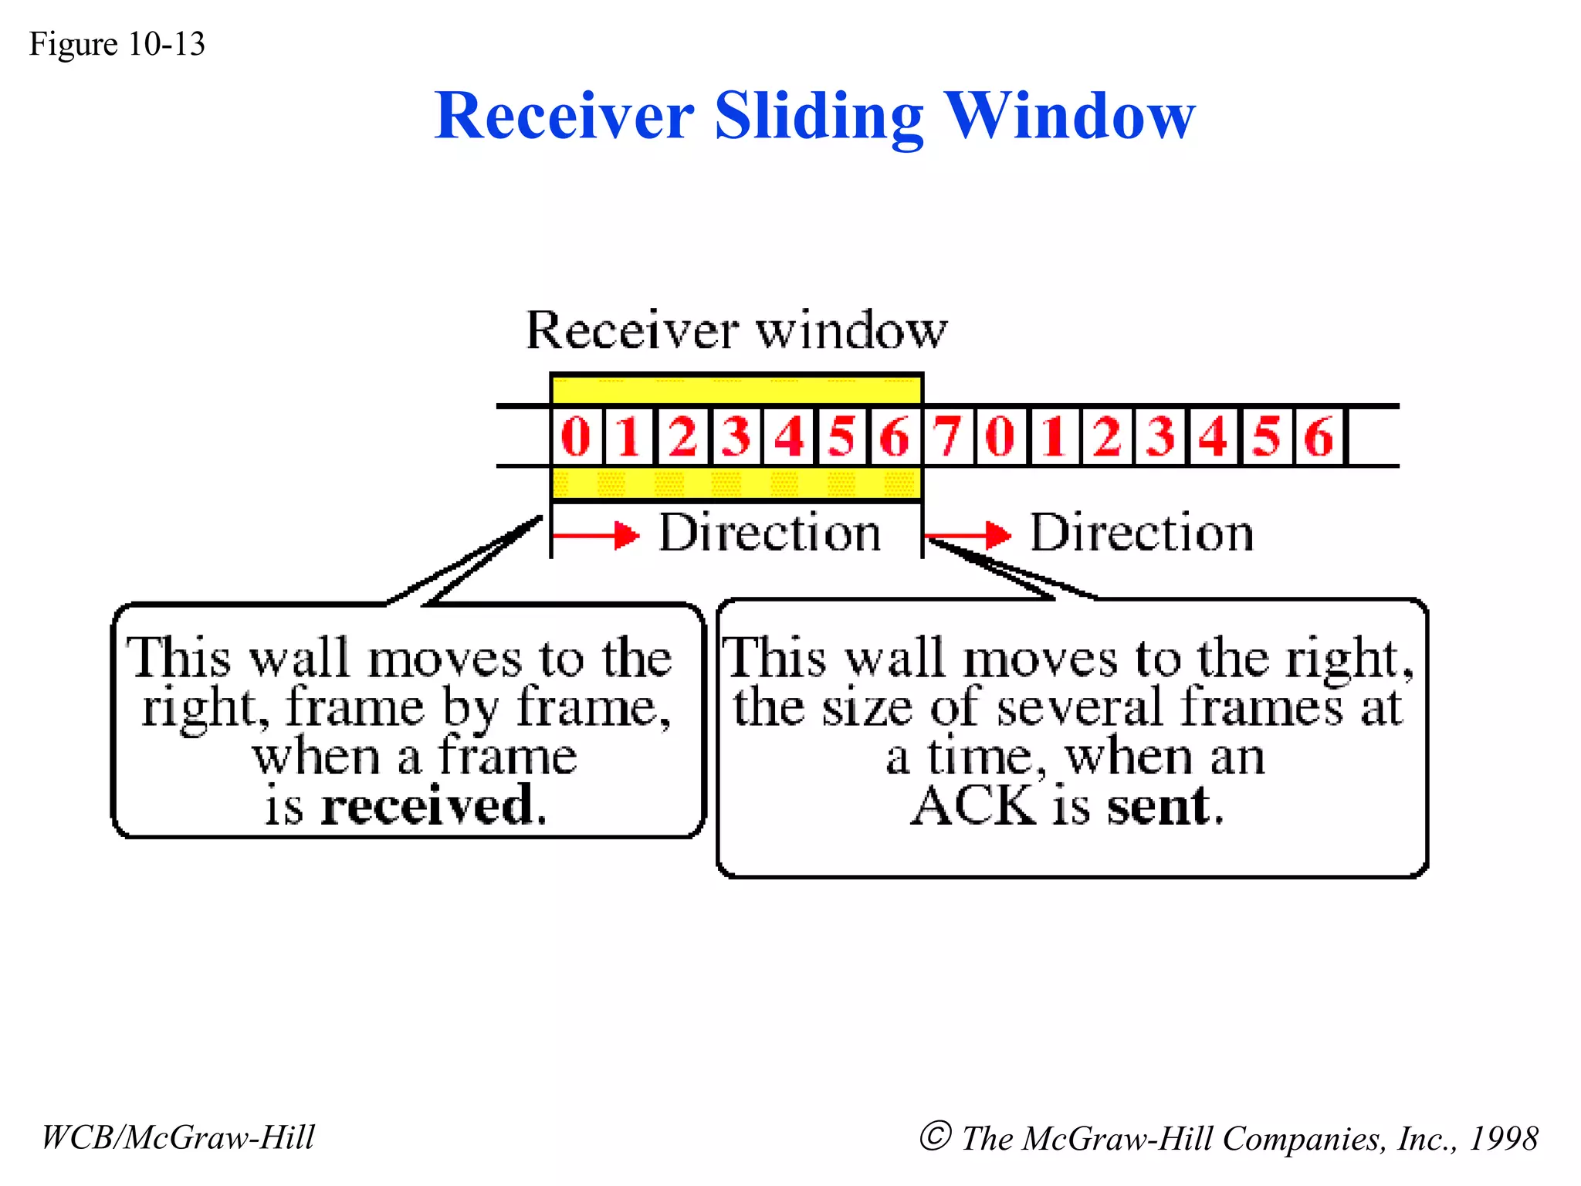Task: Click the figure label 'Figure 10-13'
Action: (117, 44)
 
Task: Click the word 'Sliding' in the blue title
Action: (818, 117)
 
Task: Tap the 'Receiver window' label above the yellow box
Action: (736, 330)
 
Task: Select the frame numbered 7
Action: (948, 436)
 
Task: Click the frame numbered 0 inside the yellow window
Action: (576, 436)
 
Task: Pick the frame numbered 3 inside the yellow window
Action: (736, 436)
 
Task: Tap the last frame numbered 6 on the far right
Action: (1319, 436)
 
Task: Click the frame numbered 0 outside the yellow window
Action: (1001, 436)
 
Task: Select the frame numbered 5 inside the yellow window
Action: (841, 436)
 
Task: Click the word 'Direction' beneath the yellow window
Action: (770, 533)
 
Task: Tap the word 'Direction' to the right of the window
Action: (1142, 533)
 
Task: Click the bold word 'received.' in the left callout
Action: (433, 806)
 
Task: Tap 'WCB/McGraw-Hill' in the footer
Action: (178, 1137)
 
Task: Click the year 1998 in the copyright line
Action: (1503, 1138)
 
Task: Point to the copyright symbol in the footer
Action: (935, 1136)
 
